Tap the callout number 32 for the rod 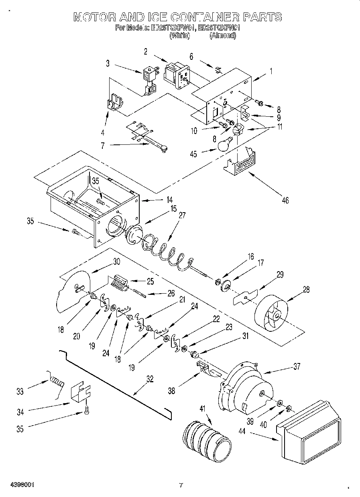150,377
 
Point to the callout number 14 159,199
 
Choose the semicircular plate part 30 74,291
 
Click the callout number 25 150,281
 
